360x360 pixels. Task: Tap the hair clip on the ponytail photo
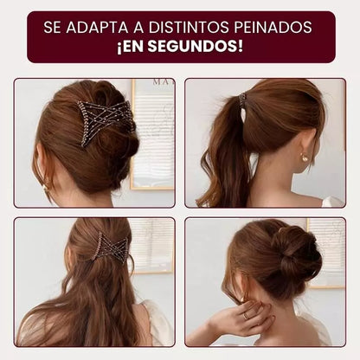[243, 100]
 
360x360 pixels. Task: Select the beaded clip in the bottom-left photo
[112, 248]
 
